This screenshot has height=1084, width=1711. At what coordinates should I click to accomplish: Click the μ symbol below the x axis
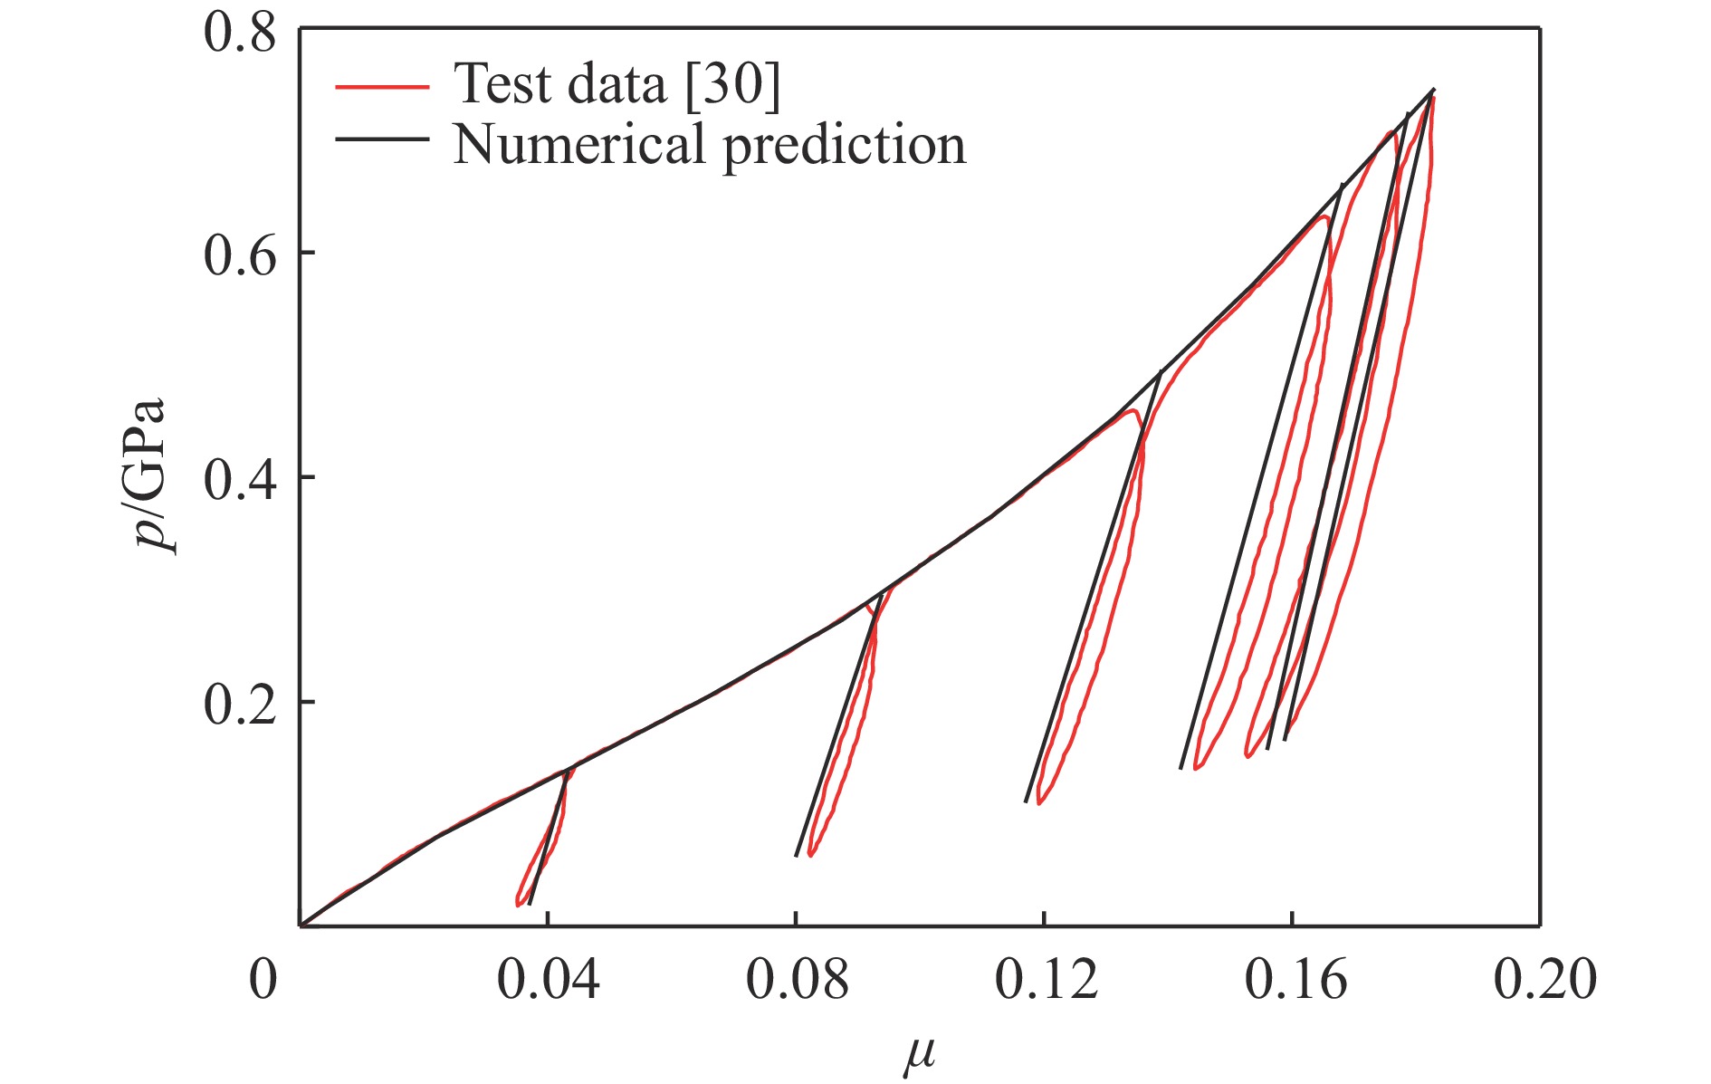tap(919, 1056)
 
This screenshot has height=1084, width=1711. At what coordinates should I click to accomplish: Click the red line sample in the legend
tap(381, 87)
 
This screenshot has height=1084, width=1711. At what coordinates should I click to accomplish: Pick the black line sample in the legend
tap(381, 139)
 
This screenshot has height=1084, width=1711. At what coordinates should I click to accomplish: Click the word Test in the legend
tap(502, 84)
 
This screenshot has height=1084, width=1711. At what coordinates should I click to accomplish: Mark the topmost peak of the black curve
tap(1433, 90)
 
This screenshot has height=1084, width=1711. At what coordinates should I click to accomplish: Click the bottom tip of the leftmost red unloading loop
tap(517, 903)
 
